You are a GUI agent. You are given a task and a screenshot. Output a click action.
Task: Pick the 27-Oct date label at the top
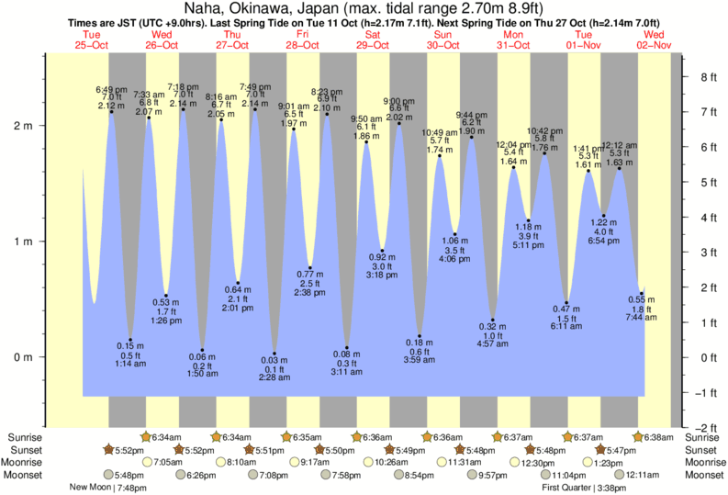(232, 44)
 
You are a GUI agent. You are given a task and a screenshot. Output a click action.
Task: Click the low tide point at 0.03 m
(274, 354)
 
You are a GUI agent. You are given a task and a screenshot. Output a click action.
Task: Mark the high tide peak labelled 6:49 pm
(112, 111)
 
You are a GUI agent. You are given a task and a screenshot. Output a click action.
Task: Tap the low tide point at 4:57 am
(493, 320)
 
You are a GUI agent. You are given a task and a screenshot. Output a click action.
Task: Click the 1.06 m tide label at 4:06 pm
(455, 240)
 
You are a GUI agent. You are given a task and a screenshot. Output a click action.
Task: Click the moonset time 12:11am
(643, 476)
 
